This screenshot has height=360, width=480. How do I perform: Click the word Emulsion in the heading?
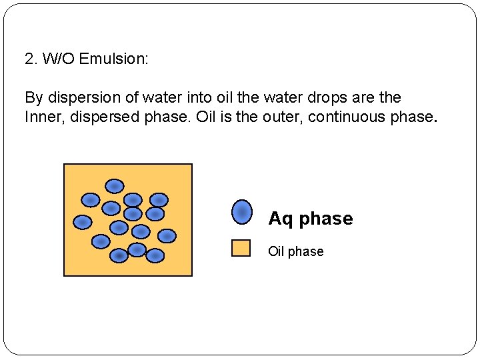click(x=113, y=59)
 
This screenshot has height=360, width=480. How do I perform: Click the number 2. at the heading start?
click(x=31, y=59)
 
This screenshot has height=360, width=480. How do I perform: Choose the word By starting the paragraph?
click(x=33, y=97)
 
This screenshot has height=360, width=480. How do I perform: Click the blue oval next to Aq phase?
click(x=241, y=212)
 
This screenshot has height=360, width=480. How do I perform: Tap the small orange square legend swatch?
click(x=241, y=248)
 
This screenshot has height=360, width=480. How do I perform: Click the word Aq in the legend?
click(x=281, y=219)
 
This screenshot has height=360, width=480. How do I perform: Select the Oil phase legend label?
click(x=295, y=251)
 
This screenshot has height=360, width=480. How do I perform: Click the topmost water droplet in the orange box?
click(x=115, y=185)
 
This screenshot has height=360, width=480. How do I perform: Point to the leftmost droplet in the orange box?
click(x=82, y=221)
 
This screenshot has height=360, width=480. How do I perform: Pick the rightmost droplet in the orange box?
click(x=167, y=235)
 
